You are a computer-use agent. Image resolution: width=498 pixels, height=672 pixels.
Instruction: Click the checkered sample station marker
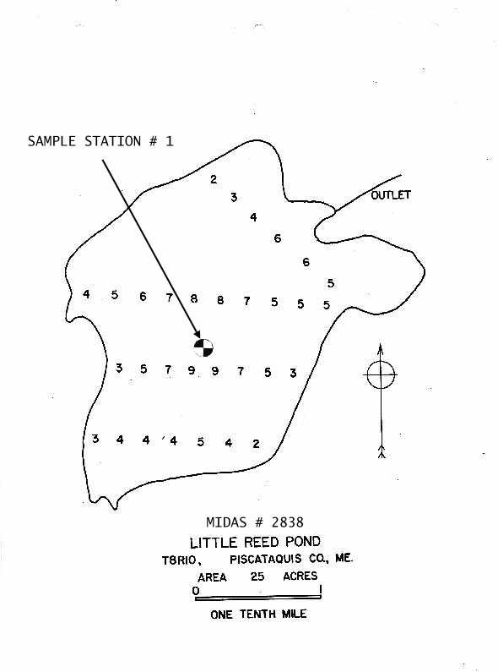pyautogui.click(x=203, y=347)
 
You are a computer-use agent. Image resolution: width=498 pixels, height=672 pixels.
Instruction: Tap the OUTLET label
pyautogui.click(x=391, y=195)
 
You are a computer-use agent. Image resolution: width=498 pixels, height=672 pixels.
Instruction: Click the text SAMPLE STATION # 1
pyautogui.click(x=100, y=141)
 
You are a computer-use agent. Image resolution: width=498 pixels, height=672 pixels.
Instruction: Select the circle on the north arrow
pyautogui.click(x=381, y=374)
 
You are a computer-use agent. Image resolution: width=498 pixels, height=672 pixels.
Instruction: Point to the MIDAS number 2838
pyautogui.click(x=288, y=522)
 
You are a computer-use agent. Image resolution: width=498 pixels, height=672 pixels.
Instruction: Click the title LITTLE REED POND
pyautogui.click(x=255, y=542)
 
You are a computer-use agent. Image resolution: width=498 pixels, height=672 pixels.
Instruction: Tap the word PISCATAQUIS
pyautogui.click(x=266, y=560)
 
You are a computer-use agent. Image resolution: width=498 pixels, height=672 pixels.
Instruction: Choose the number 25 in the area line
pyautogui.click(x=257, y=576)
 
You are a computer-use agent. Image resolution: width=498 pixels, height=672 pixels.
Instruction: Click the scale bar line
pyautogui.click(x=258, y=597)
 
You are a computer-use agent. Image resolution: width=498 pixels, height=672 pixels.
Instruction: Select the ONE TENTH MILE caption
pyautogui.click(x=258, y=615)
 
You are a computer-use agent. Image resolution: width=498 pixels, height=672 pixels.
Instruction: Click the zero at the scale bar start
pyautogui.click(x=196, y=591)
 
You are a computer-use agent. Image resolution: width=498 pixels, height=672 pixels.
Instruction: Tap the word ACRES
pyautogui.click(x=300, y=576)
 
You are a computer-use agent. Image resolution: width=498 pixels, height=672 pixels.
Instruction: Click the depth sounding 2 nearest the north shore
pyautogui.click(x=214, y=179)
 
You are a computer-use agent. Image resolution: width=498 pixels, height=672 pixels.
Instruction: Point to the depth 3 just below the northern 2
pyautogui.click(x=234, y=197)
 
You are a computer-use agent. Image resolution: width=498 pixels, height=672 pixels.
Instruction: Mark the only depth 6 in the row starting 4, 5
pyautogui.click(x=143, y=296)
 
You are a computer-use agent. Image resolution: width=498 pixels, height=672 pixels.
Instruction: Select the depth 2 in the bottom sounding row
pyautogui.click(x=256, y=444)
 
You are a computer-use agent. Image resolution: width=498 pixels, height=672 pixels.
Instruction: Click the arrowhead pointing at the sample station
pyautogui.click(x=198, y=334)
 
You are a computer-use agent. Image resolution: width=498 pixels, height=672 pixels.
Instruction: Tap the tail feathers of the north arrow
pyautogui.click(x=382, y=452)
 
